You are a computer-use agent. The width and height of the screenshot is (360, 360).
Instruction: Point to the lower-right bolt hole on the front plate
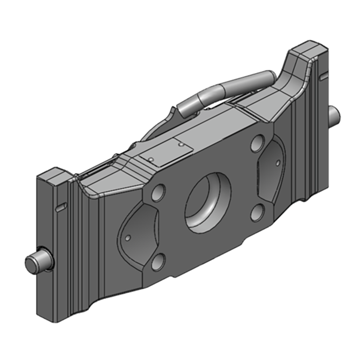tap(256, 212)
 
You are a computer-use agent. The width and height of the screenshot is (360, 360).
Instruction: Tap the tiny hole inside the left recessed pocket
tap(128, 237)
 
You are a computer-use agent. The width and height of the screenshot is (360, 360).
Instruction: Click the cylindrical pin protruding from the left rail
tap(37, 261)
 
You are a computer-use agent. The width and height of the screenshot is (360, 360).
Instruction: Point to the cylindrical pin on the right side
tap(335, 115)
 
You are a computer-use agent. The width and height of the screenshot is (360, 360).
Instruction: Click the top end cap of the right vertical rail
tap(308, 48)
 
